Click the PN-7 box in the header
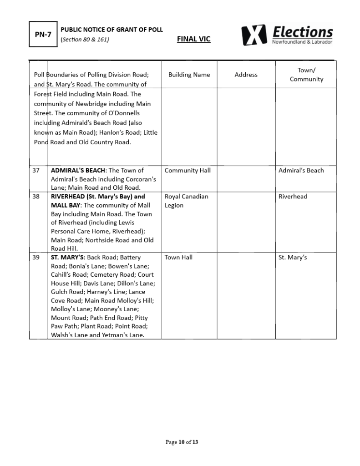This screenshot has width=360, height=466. [43, 34]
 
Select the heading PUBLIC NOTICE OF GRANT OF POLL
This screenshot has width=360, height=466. [112, 30]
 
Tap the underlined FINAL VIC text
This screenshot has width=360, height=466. [193, 39]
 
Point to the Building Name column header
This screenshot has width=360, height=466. [189, 75]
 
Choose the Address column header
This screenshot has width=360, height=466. [246, 75]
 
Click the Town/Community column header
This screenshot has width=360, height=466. [306, 75]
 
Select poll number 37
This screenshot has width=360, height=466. [36, 171]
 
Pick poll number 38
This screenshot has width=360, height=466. [36, 197]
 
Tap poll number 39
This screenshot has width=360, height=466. [36, 258]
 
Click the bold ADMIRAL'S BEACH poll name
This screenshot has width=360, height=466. [78, 171]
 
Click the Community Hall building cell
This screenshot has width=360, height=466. [188, 171]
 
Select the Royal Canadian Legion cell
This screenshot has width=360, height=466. [186, 201]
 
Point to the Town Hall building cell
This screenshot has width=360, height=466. [178, 258]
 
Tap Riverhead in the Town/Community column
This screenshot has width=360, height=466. [293, 197]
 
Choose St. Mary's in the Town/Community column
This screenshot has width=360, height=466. [293, 258]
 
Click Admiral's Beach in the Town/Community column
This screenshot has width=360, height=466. [301, 171]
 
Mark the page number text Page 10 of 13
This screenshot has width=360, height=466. [182, 442]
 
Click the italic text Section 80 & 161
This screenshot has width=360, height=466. [85, 40]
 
